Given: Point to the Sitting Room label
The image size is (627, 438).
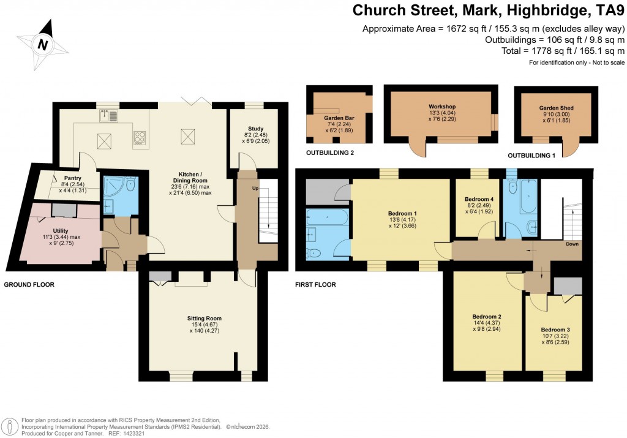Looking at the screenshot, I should click(204, 319).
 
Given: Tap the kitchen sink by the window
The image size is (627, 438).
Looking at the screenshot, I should click(108, 115).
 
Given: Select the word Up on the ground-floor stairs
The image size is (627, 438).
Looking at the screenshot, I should click(255, 188).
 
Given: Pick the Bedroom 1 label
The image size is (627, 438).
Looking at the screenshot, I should click(394, 213).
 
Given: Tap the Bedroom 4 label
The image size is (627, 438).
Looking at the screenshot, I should click(479, 200).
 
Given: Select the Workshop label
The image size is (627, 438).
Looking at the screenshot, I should click(442, 107).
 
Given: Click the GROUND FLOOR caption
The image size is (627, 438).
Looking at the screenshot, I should click(29, 285).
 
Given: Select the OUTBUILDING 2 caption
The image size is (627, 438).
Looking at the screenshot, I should click(331, 153).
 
